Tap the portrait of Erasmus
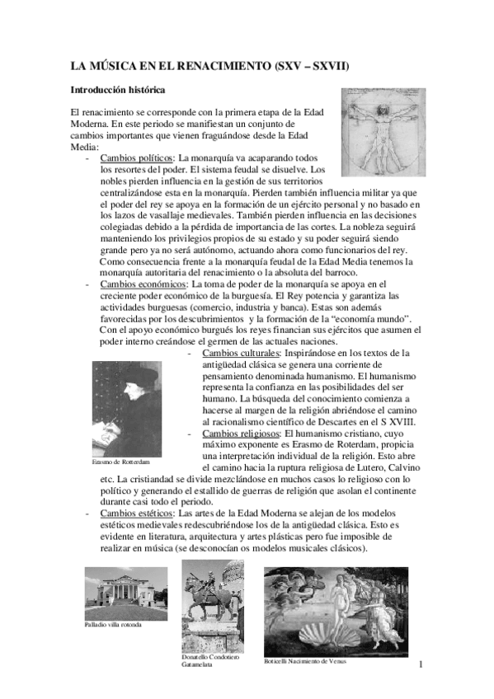click(x=128, y=407)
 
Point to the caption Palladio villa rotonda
click(x=113, y=625)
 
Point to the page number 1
click(x=421, y=664)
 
